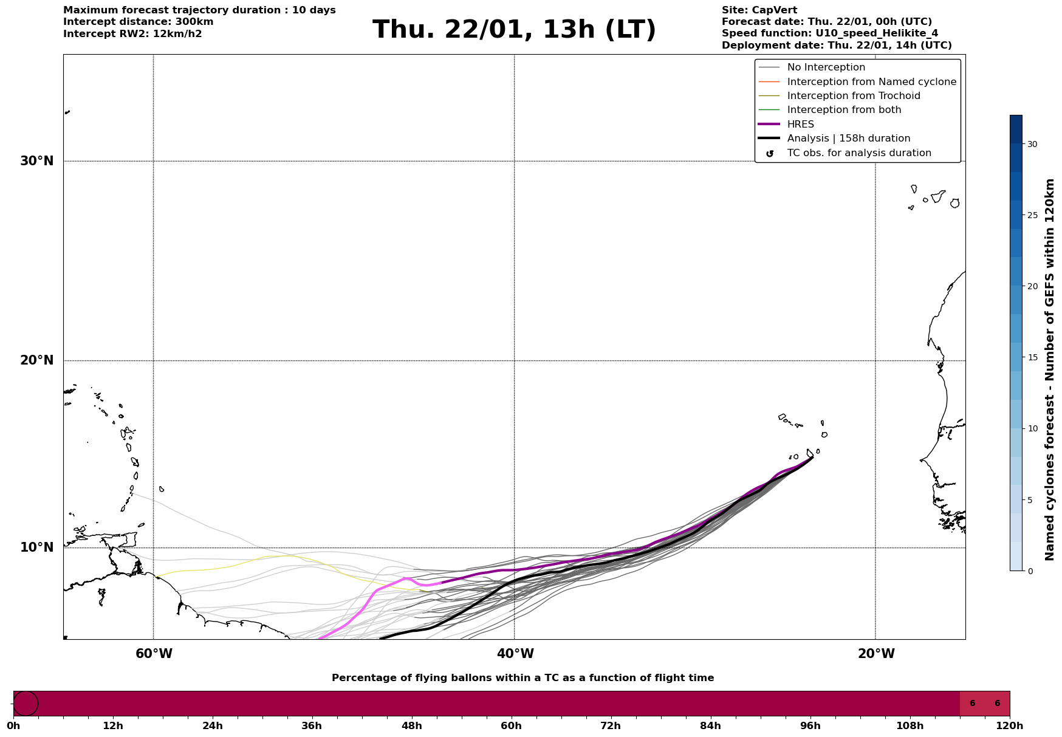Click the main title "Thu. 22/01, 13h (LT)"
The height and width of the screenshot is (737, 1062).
coord(514,30)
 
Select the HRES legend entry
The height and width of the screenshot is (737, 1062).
coord(800,125)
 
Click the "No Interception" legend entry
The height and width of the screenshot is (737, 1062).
coord(826,67)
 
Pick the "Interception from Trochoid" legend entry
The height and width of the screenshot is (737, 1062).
coord(853,96)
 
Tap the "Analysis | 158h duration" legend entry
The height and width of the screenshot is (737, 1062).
coord(848,139)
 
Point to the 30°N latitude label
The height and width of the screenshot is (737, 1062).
coord(37,161)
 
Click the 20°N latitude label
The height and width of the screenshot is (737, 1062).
coord(37,360)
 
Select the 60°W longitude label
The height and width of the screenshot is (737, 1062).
coord(154,654)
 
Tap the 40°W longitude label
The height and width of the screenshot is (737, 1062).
coord(515,654)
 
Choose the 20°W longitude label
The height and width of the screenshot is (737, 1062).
coord(876,654)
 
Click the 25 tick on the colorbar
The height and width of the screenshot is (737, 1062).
coord(1032,215)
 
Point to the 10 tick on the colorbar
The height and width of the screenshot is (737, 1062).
coord(1032,428)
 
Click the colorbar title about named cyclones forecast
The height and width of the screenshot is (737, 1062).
coord(1049,369)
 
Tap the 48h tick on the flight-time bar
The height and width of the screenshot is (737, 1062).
coord(411,725)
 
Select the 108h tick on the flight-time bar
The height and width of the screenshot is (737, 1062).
coord(910,725)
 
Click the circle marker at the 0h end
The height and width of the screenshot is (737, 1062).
coord(26,704)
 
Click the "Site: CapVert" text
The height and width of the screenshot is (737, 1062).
coord(759,10)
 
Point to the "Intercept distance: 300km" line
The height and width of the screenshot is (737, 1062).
coord(138,22)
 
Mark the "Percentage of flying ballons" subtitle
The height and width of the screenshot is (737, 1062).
coord(522,678)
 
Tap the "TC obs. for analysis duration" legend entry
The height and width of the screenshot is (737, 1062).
coord(858,153)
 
